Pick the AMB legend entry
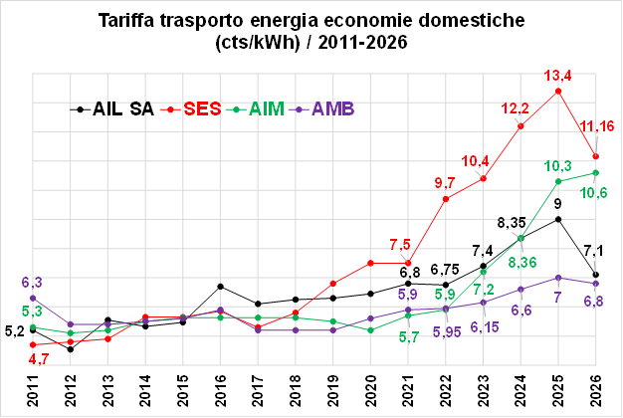[333, 109]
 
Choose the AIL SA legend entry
[122, 109]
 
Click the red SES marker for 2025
[558, 92]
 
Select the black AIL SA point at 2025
[558, 219]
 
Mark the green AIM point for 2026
[595, 173]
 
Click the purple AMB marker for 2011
[33, 298]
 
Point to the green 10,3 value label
[558, 165]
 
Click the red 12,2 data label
[520, 108]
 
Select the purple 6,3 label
[32, 282]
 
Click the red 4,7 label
[39, 359]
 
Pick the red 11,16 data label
[597, 126]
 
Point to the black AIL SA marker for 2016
[220, 287]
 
